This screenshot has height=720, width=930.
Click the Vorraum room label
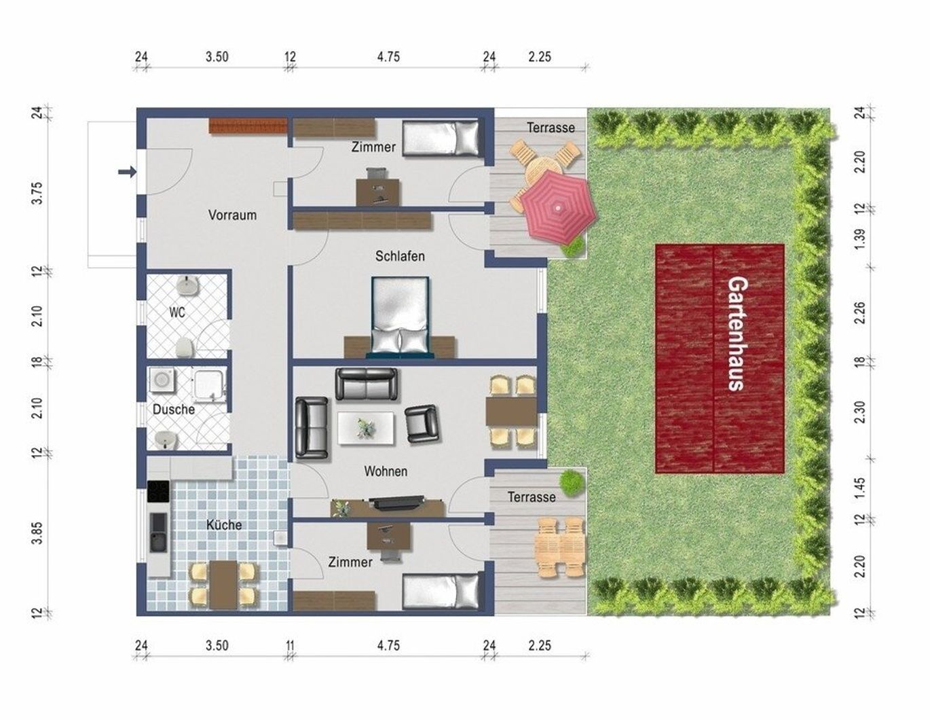click(x=232, y=215)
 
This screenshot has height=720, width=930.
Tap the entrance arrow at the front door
click(x=127, y=172)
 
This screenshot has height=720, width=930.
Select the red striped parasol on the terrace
click(x=558, y=207)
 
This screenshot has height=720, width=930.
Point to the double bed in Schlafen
click(x=400, y=317)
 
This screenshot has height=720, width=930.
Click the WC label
click(x=176, y=312)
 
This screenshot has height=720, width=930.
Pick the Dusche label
click(x=173, y=409)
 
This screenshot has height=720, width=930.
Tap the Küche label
click(x=224, y=525)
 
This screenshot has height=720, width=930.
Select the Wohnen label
click(x=386, y=471)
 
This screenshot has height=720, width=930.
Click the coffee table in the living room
click(x=366, y=428)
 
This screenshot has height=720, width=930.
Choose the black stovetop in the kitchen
click(x=158, y=491)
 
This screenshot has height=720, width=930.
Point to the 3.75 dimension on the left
click(x=38, y=194)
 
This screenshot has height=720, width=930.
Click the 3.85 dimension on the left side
click(x=38, y=533)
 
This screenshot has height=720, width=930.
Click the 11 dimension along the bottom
click(x=290, y=646)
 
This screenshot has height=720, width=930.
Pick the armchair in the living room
click(x=422, y=423)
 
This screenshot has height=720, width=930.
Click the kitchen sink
click(x=158, y=533)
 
